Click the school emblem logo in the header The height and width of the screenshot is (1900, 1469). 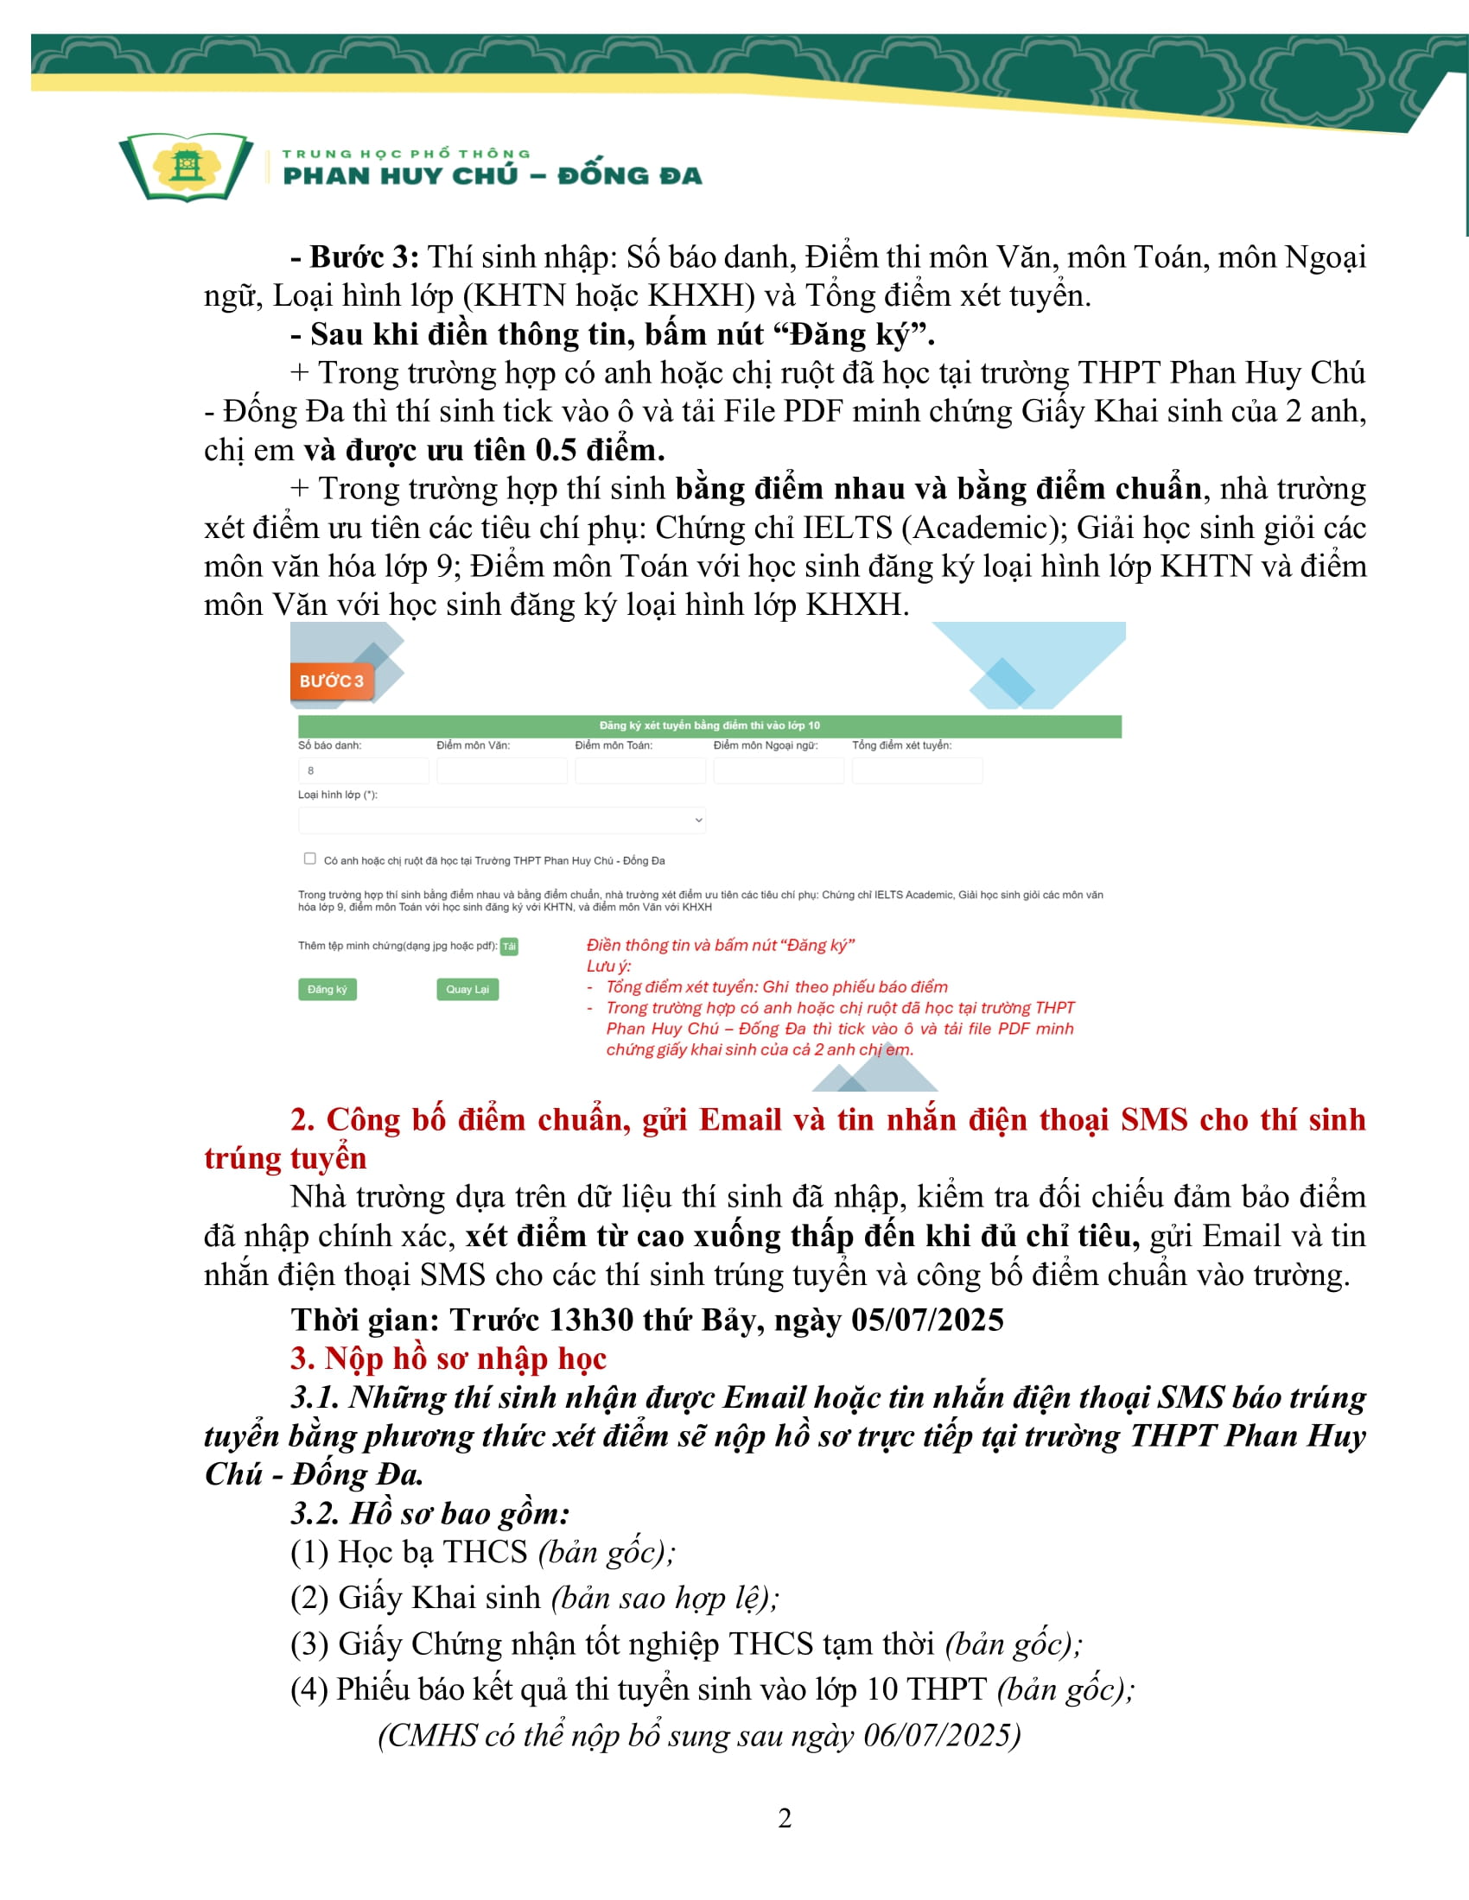[187, 166]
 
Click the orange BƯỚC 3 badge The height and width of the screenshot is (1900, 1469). [332, 681]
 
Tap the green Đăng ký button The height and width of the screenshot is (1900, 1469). [328, 989]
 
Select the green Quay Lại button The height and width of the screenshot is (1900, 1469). [467, 989]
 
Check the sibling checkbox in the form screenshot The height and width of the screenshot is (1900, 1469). [310, 858]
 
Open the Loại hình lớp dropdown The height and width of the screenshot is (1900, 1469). [501, 820]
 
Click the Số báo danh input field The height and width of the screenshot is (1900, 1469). [363, 770]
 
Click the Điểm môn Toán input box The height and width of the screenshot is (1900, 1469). [639, 770]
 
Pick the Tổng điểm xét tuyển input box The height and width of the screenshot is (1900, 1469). [916, 770]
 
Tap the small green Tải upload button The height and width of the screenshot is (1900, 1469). [509, 947]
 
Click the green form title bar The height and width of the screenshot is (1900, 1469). [709, 725]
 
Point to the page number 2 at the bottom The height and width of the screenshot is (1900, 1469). [784, 1819]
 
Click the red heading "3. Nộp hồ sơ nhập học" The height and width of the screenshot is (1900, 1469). [448, 1358]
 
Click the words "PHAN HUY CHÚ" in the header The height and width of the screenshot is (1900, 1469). [400, 175]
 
